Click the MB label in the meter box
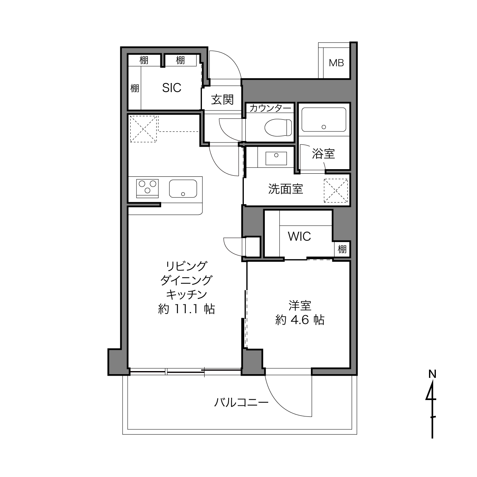[x=336, y=63]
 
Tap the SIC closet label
[x=171, y=88]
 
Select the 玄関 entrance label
[x=222, y=100]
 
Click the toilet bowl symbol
[x=279, y=127]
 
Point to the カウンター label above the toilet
[x=270, y=108]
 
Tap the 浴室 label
[x=323, y=154]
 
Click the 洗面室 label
[x=285, y=189]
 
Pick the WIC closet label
[x=299, y=236]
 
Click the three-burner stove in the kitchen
[x=147, y=188]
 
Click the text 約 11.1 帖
[x=186, y=309]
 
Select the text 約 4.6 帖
[x=300, y=320]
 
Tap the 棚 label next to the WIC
[x=342, y=249]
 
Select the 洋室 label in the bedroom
[x=300, y=306]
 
